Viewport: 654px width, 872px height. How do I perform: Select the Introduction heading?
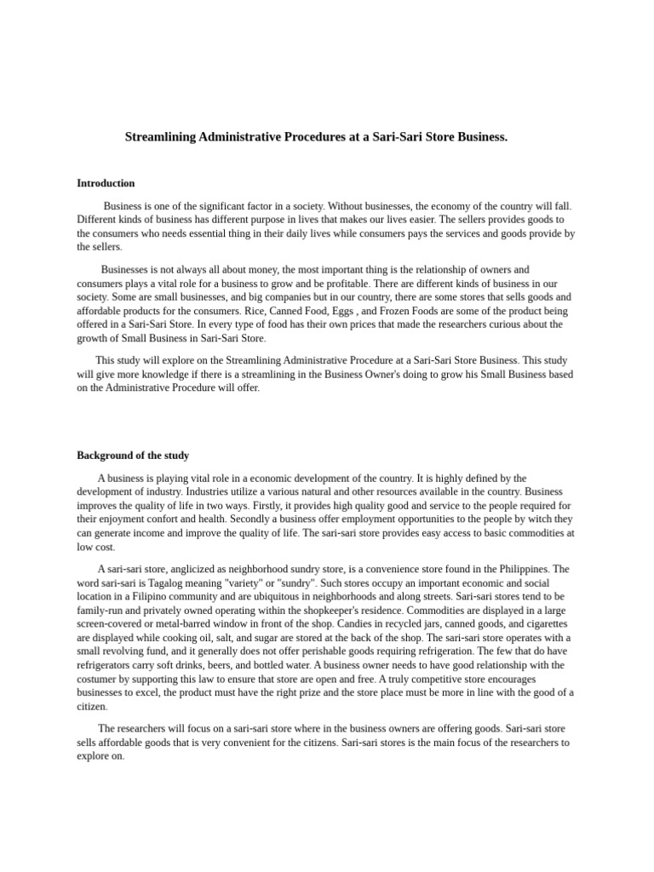106,183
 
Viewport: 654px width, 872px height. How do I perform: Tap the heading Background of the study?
133,456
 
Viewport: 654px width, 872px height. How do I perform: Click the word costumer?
97,680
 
